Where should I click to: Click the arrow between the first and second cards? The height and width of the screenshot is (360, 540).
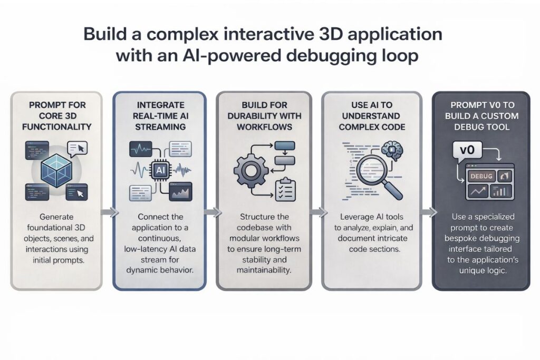(x=108, y=212)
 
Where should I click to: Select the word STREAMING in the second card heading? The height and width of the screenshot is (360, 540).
(x=160, y=127)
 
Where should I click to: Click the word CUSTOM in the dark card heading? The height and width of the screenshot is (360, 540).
(x=496, y=116)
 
